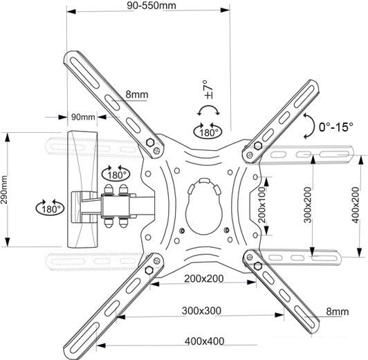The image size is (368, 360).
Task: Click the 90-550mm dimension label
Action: [151, 6]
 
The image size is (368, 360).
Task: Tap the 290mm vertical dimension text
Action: [4, 190]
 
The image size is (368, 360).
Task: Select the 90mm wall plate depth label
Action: [83, 117]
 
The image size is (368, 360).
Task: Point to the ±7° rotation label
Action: [209, 89]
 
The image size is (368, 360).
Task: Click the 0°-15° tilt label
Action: [336, 127]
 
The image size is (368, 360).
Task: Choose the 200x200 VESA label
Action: [203, 279]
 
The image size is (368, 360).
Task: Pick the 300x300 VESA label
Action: [201, 311]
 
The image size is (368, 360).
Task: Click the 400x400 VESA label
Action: [205, 341]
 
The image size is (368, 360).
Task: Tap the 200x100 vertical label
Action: [261, 205]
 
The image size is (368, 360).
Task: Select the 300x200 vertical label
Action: [307, 205]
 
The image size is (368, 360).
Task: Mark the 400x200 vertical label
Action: [356, 205]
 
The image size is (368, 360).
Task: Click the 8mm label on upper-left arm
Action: [137, 94]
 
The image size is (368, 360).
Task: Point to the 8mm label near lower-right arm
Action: [338, 312]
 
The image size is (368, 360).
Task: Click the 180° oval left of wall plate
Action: [50, 208]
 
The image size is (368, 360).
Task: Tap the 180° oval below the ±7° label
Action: [208, 132]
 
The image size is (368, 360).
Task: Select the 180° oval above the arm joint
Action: [116, 174]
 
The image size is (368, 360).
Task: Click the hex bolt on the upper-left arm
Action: [149, 143]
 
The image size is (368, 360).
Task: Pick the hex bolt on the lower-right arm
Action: [258, 266]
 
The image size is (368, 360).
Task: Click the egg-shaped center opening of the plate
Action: [204, 206]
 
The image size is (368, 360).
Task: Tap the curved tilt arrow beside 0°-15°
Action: [311, 126]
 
